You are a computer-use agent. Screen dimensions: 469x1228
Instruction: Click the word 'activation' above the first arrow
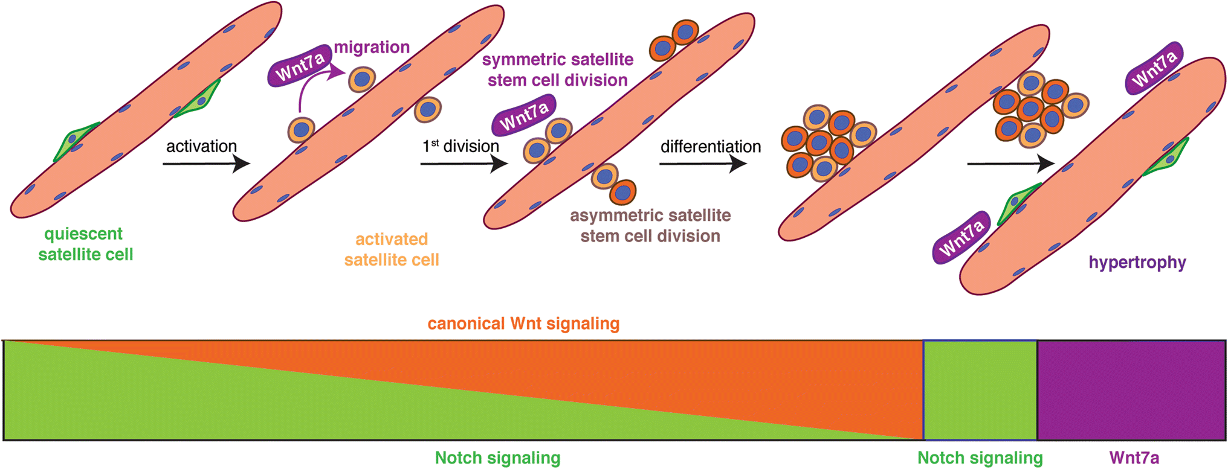pos(201,147)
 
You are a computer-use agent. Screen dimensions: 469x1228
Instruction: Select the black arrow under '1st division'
pos(464,164)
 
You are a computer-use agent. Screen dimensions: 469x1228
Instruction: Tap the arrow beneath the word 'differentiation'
pos(703,164)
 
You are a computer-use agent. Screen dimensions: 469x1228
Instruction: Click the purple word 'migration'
pos(372,47)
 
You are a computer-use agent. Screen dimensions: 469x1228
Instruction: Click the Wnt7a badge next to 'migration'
pos(300,66)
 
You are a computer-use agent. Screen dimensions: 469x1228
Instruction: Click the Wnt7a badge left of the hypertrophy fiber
pos(961,237)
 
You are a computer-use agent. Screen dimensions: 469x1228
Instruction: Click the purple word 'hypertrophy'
pos(1137,263)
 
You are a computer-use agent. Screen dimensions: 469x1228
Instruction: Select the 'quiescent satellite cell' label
pos(85,244)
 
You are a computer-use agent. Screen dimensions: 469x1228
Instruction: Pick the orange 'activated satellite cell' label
pos(392,249)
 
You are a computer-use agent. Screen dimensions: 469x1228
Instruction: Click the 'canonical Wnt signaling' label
pos(523,324)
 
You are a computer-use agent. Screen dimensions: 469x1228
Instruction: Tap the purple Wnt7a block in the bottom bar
pos(1131,390)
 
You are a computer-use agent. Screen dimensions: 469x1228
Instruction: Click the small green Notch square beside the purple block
pos(980,390)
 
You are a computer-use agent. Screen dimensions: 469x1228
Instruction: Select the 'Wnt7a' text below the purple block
pos(1134,458)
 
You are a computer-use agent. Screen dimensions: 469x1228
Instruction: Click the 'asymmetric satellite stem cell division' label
pos(650,226)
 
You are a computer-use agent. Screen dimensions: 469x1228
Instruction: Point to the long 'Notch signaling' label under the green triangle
pos(497,458)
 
